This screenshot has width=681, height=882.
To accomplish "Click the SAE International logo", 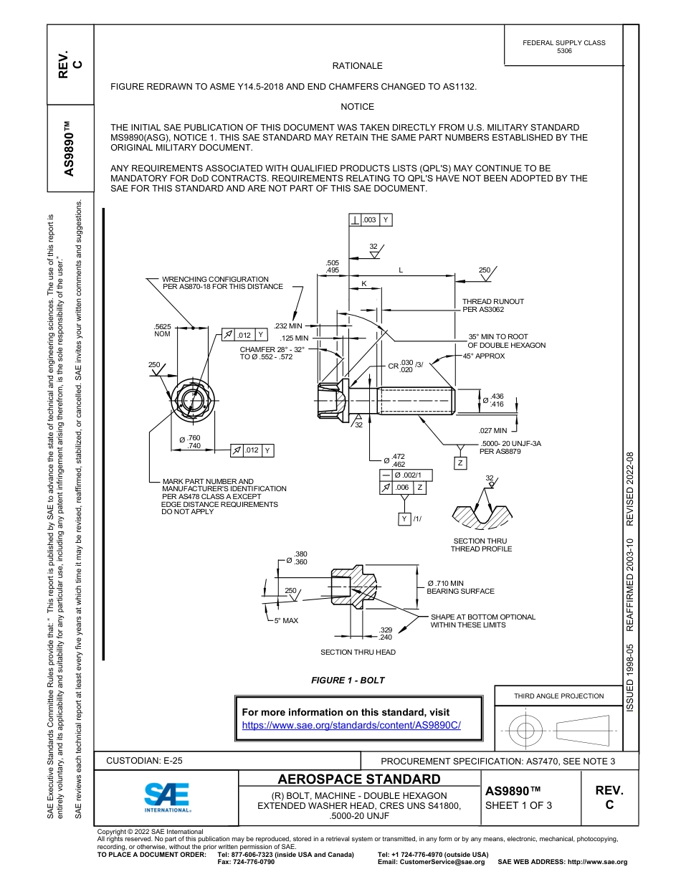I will [x=167, y=796].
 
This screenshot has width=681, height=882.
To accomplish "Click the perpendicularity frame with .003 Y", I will [x=371, y=220].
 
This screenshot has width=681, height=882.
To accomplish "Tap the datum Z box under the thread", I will [x=460, y=463].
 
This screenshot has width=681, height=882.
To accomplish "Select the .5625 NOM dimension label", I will [x=163, y=330].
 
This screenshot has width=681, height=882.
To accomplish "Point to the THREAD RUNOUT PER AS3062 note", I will [x=492, y=305].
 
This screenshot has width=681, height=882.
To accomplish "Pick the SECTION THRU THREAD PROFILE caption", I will [x=481, y=545].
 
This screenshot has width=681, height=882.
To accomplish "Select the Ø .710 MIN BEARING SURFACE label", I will [x=460, y=587].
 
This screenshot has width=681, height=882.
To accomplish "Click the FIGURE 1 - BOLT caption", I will [x=348, y=680].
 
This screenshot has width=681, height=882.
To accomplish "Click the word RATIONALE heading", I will [x=357, y=65].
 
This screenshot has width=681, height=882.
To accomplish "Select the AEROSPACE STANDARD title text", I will [x=359, y=779].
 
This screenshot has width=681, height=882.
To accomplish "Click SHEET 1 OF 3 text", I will [x=518, y=805].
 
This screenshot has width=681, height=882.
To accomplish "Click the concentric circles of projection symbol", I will [x=526, y=731].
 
